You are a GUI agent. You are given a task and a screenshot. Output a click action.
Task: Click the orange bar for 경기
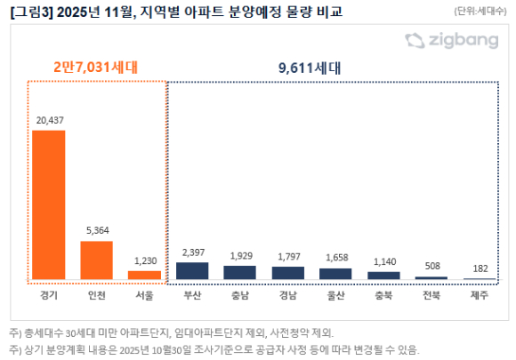click(49, 205)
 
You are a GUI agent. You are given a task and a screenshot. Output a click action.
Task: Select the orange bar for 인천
click(96, 260)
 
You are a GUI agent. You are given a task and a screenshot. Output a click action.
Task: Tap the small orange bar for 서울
click(143, 276)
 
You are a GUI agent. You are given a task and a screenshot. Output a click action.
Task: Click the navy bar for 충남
click(239, 273)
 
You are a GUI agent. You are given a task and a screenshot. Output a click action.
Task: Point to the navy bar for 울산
click(335, 274)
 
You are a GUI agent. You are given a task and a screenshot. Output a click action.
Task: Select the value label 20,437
click(49, 121)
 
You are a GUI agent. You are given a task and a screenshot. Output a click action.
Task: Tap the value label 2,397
click(192, 253)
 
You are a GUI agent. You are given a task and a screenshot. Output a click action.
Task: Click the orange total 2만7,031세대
click(95, 67)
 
